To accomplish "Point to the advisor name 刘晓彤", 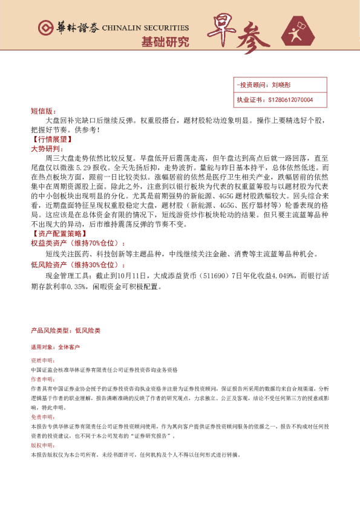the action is pyautogui.click(x=281, y=86).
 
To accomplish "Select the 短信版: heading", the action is pyautogui.click(x=42, y=112).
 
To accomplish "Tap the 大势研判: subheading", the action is pyautogui.click(x=46, y=148).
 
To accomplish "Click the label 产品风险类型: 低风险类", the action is pyautogui.click(x=65, y=331).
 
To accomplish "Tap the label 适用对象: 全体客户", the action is pyautogui.click(x=55, y=348).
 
